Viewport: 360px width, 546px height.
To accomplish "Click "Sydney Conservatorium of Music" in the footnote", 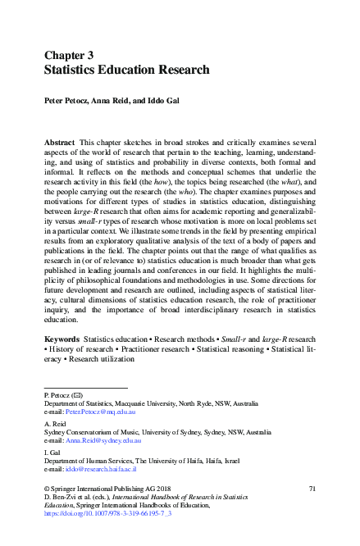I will (93, 431).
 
